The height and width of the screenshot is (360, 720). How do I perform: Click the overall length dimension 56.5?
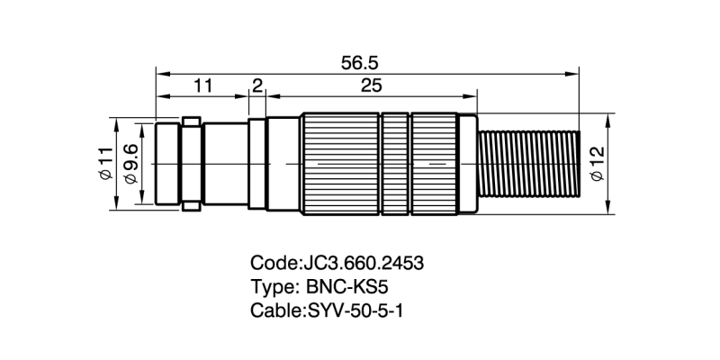pos(359,63)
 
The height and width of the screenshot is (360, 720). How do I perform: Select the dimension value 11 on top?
pos(202,86)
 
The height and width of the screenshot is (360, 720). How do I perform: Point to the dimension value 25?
pos(371,86)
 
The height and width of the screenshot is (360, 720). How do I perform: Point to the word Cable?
pos(274,310)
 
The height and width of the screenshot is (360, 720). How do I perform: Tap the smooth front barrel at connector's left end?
pos(168,164)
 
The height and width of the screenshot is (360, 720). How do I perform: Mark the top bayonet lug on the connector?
pos(191,120)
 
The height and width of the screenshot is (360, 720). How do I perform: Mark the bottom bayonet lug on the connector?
pos(191,208)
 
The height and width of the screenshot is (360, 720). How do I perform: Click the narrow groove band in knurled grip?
pos(395,164)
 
